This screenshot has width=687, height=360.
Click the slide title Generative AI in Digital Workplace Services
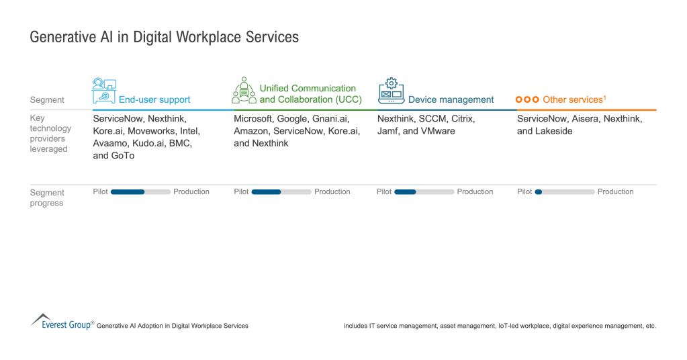click(x=164, y=38)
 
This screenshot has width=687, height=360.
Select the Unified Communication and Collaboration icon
click(x=244, y=91)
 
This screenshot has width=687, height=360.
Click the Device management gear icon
click(x=391, y=91)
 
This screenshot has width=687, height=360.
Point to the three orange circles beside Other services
click(x=527, y=99)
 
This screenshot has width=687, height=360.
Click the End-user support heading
click(x=154, y=99)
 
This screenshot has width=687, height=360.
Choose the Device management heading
click(x=451, y=99)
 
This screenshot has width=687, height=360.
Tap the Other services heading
click(x=574, y=99)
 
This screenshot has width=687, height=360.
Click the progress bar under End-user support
click(x=140, y=192)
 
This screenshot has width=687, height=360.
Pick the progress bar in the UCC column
click(x=281, y=192)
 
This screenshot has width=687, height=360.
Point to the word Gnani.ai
click(x=329, y=119)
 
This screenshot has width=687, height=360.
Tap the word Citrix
click(x=463, y=119)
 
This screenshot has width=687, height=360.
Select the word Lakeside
click(x=555, y=131)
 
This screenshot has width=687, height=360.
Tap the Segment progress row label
click(x=47, y=197)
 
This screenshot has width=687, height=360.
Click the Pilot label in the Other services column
click(x=524, y=192)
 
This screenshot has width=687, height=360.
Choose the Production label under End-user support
click(x=191, y=192)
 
